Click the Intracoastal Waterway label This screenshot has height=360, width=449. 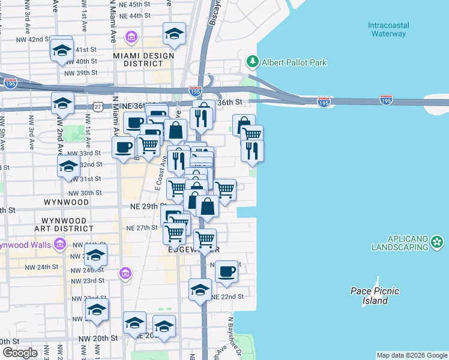(387, 29)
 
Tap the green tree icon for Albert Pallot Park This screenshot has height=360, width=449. (252, 62)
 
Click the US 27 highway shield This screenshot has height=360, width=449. (97, 106)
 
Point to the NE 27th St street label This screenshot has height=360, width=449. (142, 228)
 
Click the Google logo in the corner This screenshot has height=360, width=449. (20, 353)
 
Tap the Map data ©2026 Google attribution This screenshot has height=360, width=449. (412, 355)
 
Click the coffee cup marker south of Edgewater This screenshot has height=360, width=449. (226, 271)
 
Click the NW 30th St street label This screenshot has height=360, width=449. (85, 193)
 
